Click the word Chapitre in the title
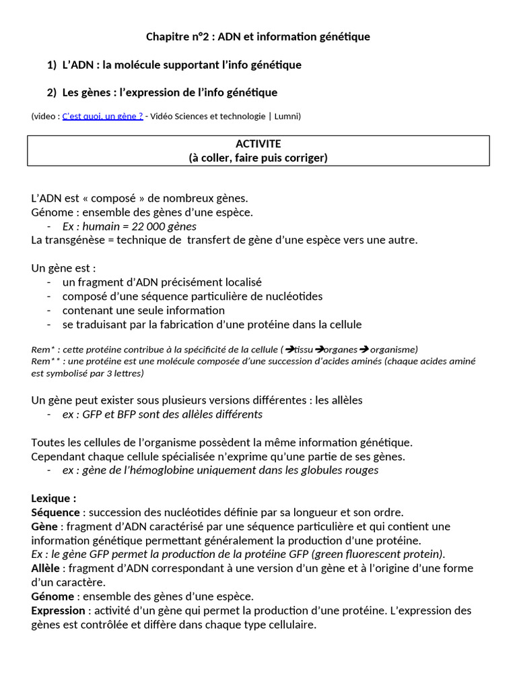[167, 36]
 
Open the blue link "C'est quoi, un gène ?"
[102, 117]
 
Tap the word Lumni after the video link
[287, 117]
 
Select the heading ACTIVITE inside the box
[258, 144]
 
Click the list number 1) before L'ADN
[52, 65]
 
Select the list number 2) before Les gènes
[52, 92]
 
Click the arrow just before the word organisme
[363, 349]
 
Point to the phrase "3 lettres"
[124, 373]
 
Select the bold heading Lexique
[54, 499]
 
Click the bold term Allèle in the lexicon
[46, 568]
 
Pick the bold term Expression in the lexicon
[59, 610]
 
